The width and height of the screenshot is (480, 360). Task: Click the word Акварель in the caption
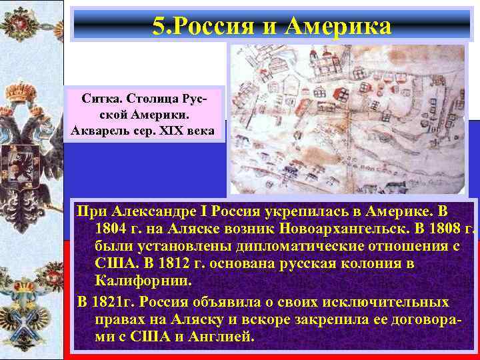tap(99, 129)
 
